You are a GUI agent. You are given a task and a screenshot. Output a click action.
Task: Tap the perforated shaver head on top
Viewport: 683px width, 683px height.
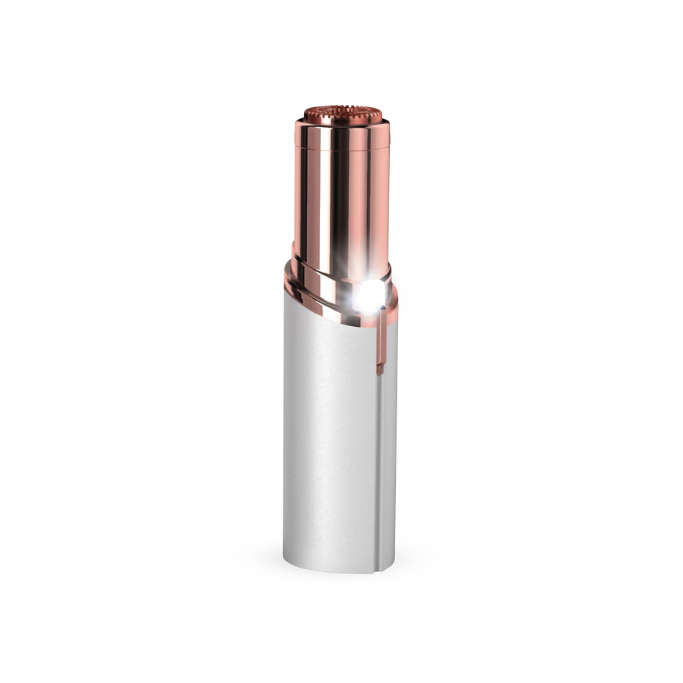[x=341, y=116]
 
